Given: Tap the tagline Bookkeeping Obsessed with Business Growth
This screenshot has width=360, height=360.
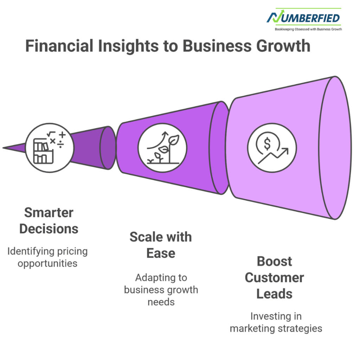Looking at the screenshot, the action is pyautogui.click(x=308, y=29).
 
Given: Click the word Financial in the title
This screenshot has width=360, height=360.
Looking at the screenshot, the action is pyautogui.click(x=59, y=46).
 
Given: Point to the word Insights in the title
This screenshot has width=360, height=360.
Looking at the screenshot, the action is pyautogui.click(x=128, y=46).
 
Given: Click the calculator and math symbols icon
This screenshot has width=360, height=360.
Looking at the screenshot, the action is pyautogui.click(x=50, y=148).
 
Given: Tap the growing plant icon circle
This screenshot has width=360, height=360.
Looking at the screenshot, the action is pyautogui.click(x=162, y=148).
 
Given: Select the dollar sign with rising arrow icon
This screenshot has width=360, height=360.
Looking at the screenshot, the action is pyautogui.click(x=272, y=148).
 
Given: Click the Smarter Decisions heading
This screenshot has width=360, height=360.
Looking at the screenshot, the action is pyautogui.click(x=49, y=221).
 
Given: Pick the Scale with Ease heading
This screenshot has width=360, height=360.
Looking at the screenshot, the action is pyautogui.click(x=161, y=245).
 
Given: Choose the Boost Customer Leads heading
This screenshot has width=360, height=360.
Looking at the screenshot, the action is pyautogui.click(x=274, y=277).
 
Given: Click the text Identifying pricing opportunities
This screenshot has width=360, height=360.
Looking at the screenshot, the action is pyautogui.click(x=47, y=257).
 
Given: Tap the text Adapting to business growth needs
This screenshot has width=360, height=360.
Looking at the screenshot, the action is pyautogui.click(x=161, y=290).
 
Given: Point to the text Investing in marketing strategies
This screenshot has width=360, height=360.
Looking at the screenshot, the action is pyautogui.click(x=276, y=322).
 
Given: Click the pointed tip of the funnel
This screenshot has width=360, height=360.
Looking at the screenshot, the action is pyautogui.click(x=3, y=148).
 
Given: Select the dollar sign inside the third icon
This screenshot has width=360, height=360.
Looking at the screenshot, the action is pyautogui.click(x=267, y=144).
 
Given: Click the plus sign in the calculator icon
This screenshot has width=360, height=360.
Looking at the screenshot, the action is pyautogui.click(x=62, y=135).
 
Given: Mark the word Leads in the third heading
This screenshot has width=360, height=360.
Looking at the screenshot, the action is pyautogui.click(x=274, y=294).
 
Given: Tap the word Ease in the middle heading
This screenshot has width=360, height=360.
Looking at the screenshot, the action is pyautogui.click(x=161, y=253).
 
